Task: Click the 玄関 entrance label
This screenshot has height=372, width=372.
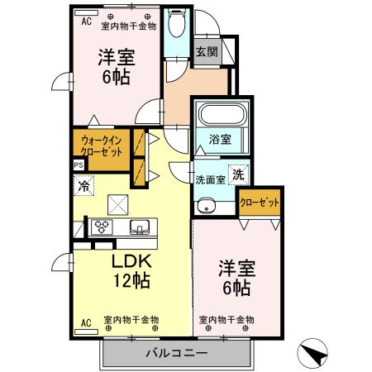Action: point(207,51)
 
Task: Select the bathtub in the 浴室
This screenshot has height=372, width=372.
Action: point(219,112)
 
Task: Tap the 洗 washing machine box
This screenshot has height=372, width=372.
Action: point(237,174)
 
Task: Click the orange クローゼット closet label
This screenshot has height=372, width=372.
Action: point(259,201)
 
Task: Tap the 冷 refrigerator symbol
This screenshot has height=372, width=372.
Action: point(83,187)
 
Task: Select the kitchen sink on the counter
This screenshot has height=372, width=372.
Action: point(137,226)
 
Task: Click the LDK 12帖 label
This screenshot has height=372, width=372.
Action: point(131,270)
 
